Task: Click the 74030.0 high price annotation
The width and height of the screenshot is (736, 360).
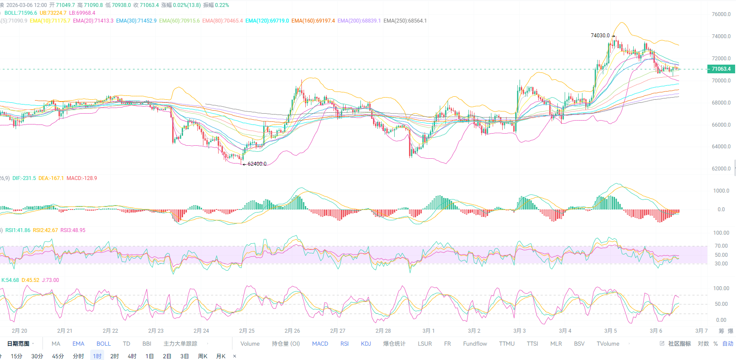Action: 600,36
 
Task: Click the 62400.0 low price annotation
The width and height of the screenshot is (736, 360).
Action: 257,164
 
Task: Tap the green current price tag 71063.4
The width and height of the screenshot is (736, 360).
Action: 721,69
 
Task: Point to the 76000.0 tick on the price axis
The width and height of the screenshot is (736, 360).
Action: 721,14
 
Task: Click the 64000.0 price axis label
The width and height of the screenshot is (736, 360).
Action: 721,147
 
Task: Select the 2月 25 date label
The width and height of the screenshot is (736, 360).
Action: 247,331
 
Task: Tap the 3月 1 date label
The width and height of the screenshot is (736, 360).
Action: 429,331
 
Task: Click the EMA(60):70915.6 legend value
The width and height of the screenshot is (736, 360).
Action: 180,21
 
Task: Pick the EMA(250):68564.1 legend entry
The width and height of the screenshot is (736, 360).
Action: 405,21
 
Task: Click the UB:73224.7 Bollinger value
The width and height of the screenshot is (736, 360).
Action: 53,13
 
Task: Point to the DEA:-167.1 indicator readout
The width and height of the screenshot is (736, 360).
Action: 51,178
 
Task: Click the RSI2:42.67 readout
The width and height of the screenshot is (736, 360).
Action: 45,230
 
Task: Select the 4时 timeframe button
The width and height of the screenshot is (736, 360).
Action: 132,356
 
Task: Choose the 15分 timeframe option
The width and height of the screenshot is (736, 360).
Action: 16,356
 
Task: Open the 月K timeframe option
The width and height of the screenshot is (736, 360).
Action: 221,356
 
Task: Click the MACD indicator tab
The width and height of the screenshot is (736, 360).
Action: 320,344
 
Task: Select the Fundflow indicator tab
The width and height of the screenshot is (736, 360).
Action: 475,344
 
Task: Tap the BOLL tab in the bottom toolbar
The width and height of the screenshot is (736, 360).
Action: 104,344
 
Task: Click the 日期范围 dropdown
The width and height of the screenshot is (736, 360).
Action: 20,344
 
